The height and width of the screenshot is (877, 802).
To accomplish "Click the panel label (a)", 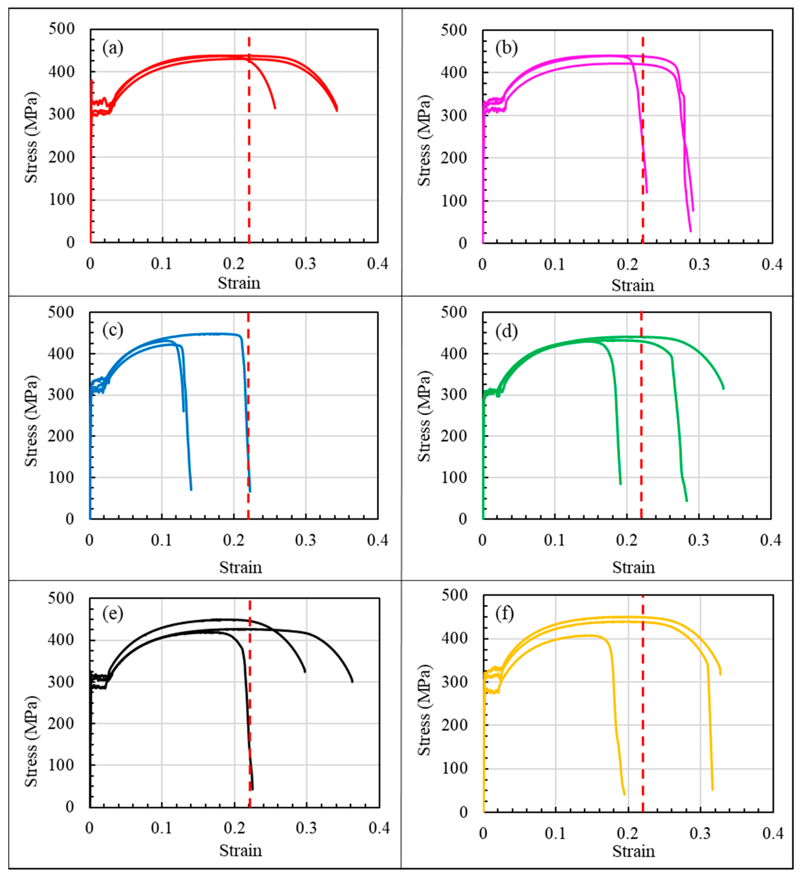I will (x=113, y=48).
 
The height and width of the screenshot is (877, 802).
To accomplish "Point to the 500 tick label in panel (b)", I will (x=453, y=30).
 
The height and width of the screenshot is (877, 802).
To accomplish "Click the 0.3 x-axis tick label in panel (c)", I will (x=305, y=540).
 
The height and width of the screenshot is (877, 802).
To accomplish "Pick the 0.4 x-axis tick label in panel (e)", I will (x=378, y=828).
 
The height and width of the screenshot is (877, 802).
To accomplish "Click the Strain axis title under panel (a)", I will (x=239, y=283).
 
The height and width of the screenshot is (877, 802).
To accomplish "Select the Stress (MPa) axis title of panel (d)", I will (x=424, y=416).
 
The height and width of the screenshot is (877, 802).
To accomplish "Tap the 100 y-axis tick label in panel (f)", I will (x=454, y=768).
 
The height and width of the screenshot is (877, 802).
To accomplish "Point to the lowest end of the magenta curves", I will (x=690, y=231).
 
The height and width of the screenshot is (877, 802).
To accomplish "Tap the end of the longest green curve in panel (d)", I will (x=723, y=388).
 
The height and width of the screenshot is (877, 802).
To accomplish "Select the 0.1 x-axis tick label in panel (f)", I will (x=555, y=834).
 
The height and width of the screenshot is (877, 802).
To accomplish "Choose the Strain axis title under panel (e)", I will (x=240, y=850).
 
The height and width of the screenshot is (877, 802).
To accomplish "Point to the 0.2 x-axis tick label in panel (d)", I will (x=626, y=540).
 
